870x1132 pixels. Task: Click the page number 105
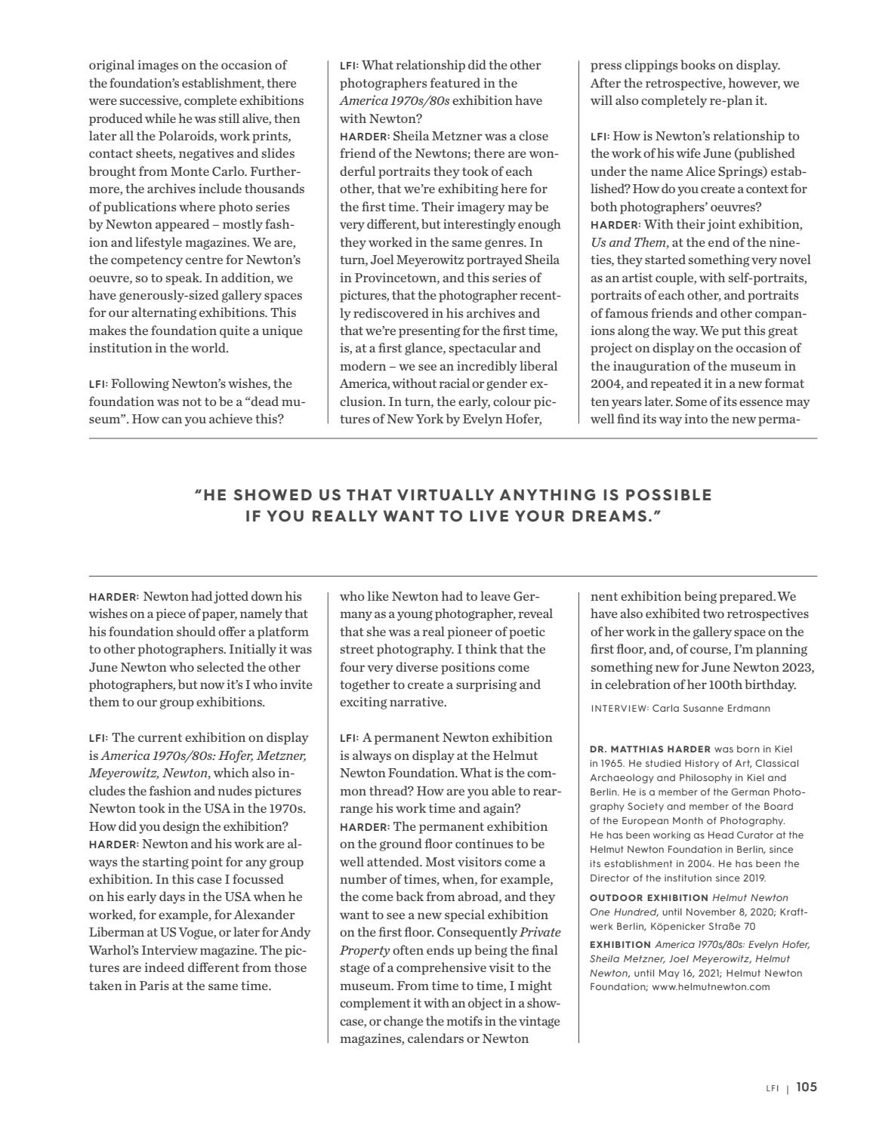pyautogui.click(x=806, y=1087)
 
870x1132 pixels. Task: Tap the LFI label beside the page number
pyautogui.click(x=772, y=1088)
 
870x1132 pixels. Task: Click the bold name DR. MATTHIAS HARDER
pyautogui.click(x=650, y=749)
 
